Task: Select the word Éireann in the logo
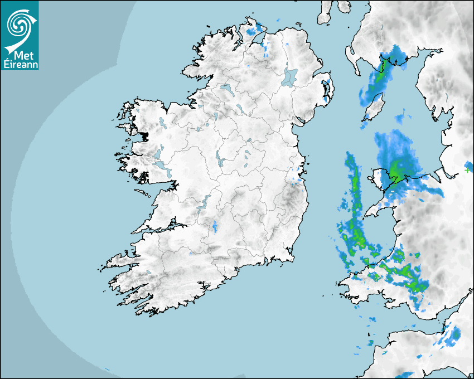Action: pos(20,63)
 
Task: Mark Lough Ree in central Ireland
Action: pos(219,159)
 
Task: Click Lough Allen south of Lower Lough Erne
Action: pos(214,116)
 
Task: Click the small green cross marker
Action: pos(467,170)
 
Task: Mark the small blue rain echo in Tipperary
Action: pos(215,226)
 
